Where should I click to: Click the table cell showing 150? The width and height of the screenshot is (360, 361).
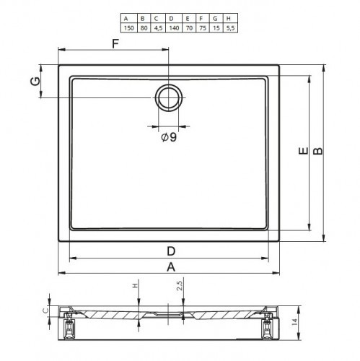(128, 28)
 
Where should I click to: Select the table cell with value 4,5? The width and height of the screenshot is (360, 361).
(158, 28)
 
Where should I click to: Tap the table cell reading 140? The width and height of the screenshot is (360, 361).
(174, 28)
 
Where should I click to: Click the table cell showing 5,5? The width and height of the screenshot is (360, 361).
(230, 28)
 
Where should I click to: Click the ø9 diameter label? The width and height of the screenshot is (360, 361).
(169, 137)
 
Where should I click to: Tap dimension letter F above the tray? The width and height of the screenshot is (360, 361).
(115, 43)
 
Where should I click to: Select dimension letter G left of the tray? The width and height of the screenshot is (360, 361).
(35, 81)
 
